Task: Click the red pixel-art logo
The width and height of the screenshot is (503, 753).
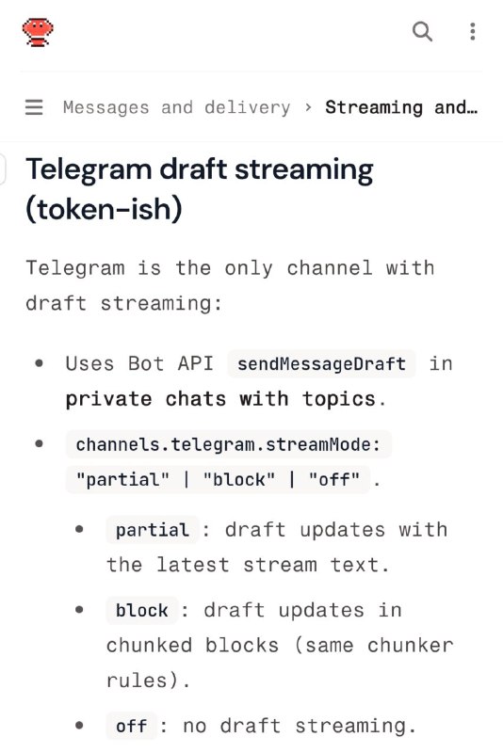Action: click(x=38, y=32)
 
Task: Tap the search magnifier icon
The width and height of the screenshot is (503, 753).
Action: click(x=423, y=32)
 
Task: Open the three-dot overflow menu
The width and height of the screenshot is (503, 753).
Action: click(x=472, y=32)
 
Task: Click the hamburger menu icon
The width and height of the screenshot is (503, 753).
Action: click(x=34, y=107)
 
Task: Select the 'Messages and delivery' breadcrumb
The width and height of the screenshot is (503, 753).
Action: click(x=176, y=107)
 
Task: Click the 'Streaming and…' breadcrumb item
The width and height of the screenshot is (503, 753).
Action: click(x=401, y=107)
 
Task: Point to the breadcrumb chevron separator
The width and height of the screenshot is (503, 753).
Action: click(x=308, y=107)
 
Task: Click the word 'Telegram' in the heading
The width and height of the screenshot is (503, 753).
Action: click(x=89, y=170)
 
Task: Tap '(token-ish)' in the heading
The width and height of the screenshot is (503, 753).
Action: click(x=103, y=209)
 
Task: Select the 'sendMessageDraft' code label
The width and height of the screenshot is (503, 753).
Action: click(x=321, y=363)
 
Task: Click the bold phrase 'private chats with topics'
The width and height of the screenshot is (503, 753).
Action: click(x=220, y=398)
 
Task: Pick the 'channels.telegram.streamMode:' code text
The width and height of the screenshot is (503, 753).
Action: click(x=228, y=444)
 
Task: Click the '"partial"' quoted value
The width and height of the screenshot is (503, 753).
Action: click(x=122, y=479)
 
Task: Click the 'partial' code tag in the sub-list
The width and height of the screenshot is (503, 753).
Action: click(x=152, y=530)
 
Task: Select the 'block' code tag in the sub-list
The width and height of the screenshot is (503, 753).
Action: click(x=141, y=611)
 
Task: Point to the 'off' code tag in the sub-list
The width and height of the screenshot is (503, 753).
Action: click(x=131, y=727)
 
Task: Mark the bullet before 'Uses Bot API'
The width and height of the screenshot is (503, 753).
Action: click(x=40, y=363)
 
